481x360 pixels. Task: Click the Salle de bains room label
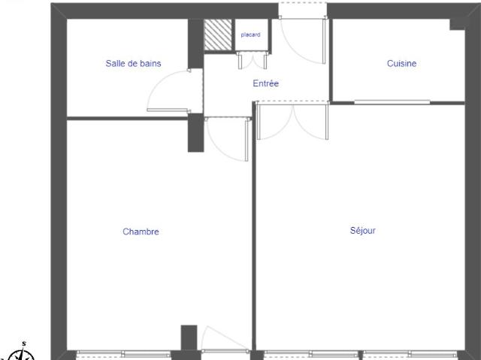tap(133, 64)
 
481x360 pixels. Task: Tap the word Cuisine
tap(401, 64)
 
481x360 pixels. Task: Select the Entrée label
tap(265, 83)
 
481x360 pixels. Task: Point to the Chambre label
tap(141, 231)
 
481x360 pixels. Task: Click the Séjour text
tap(362, 231)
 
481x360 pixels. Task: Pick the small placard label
tap(250, 35)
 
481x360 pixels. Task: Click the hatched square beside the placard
tap(218, 34)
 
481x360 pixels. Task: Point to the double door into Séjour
tap(292, 122)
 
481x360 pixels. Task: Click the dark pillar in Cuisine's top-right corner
tap(457, 23)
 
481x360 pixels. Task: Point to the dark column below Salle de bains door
tap(195, 133)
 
